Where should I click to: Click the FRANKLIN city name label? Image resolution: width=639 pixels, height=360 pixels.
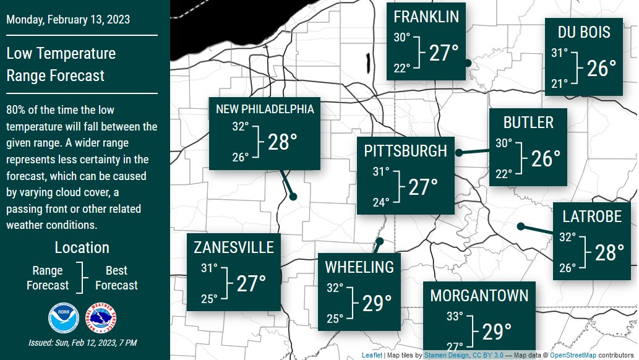coord(426,16)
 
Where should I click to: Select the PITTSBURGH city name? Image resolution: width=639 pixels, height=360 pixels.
coord(405,151)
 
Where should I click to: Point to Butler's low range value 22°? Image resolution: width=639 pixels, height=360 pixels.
coord(504,174)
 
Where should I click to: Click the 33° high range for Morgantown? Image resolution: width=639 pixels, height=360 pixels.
coord(454,317)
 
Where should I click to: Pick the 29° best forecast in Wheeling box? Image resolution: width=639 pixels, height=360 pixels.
coord(377,304)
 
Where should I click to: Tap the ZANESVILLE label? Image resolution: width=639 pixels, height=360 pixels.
coord(233,248)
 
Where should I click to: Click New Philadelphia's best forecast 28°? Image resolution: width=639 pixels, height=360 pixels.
coord(282,142)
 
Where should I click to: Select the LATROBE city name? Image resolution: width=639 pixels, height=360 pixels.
coord(591,216)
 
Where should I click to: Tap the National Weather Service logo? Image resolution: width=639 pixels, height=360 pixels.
coord(101,317)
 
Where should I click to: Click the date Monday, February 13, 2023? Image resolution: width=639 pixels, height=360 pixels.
coord(68,19)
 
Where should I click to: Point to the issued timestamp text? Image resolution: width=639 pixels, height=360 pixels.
coord(82,343)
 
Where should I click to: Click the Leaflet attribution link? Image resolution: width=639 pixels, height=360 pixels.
coord(372,356)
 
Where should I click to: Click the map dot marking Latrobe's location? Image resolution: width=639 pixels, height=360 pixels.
coord(521,226)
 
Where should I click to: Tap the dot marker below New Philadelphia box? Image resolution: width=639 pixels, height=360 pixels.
coord(293,197)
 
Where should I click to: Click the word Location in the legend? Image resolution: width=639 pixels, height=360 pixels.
coord(82,248)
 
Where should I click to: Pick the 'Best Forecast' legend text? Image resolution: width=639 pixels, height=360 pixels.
coord(116,278)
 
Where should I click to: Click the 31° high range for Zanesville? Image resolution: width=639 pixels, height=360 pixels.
coord(209,268)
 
